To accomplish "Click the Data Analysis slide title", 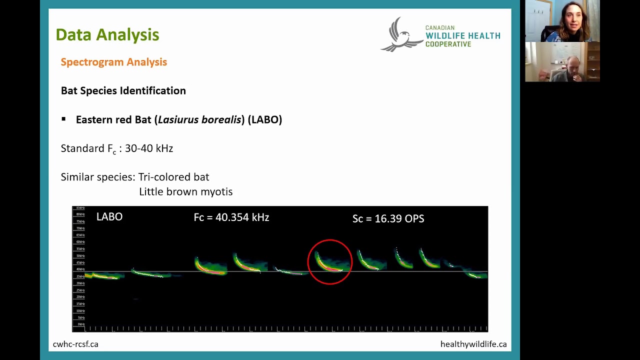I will click(107, 34).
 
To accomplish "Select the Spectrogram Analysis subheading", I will click(113, 62).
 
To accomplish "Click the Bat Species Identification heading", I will click(123, 90).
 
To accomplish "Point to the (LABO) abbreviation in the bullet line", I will click(265, 119).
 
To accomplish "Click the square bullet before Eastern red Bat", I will click(63, 119).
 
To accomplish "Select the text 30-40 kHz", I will click(149, 148).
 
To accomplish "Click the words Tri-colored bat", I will click(173, 177).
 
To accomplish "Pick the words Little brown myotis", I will click(185, 191).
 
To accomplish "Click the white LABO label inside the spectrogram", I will click(109, 216).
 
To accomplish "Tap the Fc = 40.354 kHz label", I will click(231, 217).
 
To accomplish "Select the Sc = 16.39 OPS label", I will click(388, 218).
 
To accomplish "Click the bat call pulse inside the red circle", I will click(328, 264).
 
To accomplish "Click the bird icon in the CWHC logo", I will click(400, 35).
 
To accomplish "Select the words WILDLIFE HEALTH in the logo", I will click(462, 36).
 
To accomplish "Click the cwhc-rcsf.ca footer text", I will click(75, 344).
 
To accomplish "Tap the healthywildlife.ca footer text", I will click(473, 344).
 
